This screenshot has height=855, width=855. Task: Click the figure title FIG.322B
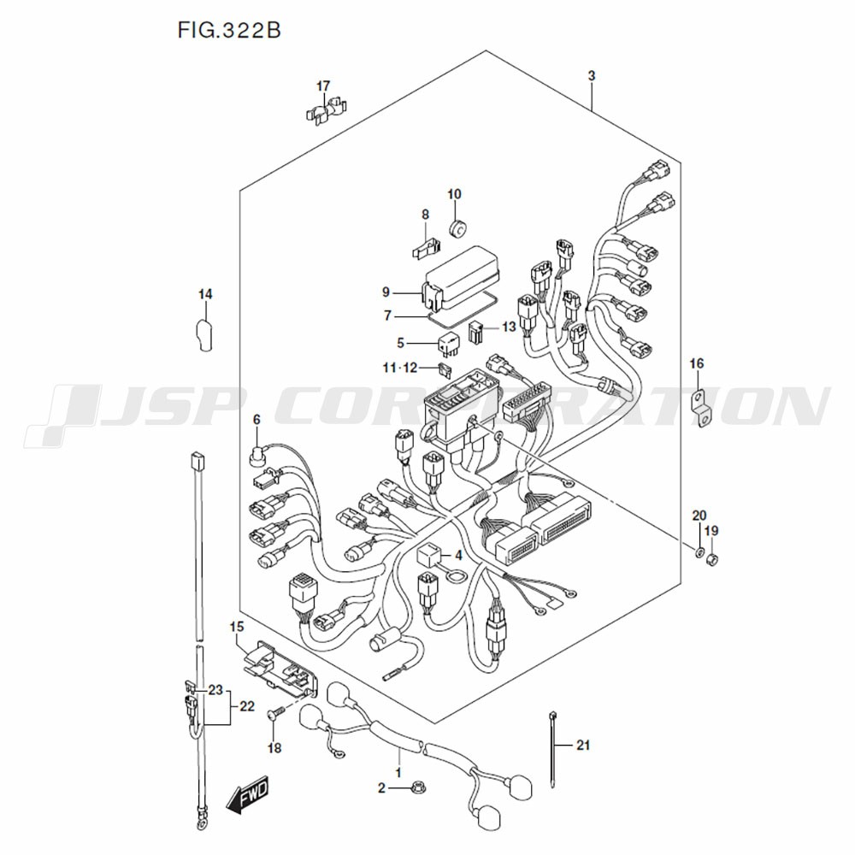point(229,32)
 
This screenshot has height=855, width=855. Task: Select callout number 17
point(323,86)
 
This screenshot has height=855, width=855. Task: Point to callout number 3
point(592,76)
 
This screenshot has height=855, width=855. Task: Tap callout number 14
point(205,295)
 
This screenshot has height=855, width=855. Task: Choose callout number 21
point(584,746)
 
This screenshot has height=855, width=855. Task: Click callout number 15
point(237,628)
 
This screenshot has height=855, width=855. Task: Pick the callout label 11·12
point(400,369)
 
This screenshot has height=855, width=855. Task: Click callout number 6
point(255,419)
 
